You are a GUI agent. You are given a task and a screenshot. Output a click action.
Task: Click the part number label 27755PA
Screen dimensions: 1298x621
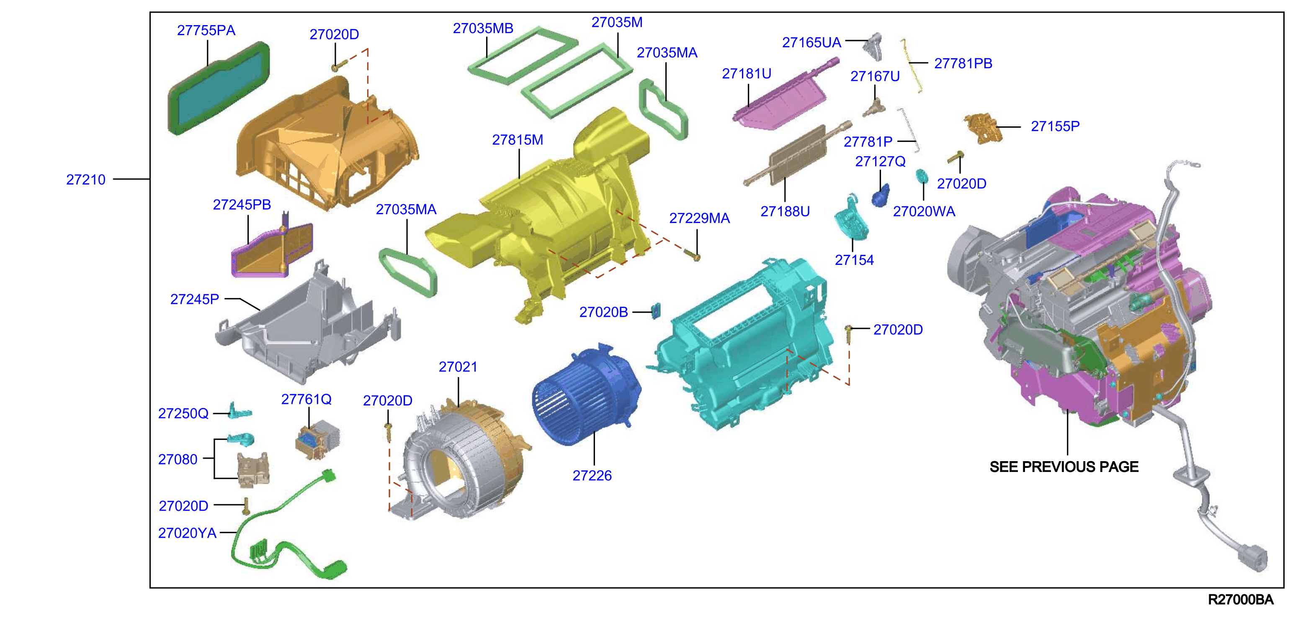click(206, 30)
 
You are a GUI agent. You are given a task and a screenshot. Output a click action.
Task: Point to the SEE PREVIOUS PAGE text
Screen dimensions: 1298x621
click(1064, 467)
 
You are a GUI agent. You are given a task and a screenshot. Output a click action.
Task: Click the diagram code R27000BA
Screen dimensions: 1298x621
click(1241, 599)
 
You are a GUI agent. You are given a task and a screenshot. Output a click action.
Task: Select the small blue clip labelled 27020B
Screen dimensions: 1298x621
click(656, 311)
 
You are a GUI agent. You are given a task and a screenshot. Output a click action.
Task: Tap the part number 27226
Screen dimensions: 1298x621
click(592, 475)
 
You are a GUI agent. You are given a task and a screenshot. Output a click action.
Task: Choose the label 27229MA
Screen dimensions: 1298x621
click(699, 218)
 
